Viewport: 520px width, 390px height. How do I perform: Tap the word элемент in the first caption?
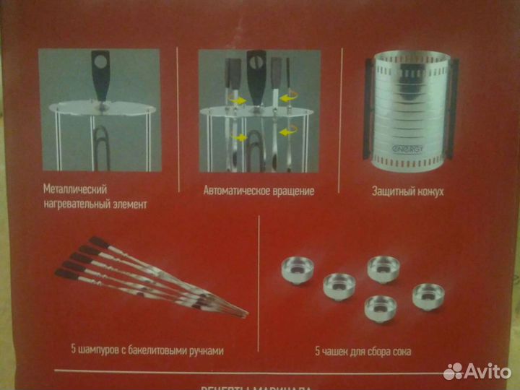tap(126, 204)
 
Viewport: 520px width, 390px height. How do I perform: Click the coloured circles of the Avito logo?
tap(453, 371)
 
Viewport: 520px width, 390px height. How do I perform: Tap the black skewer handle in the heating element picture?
tap(100, 72)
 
